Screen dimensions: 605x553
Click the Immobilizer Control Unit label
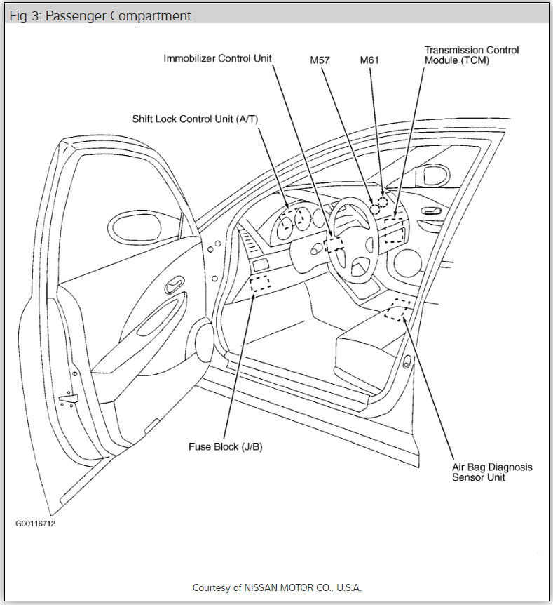(x=218, y=58)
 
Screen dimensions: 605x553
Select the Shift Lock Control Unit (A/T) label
(x=195, y=119)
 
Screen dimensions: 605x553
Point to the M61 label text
(x=369, y=60)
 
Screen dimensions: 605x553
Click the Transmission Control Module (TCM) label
(x=471, y=55)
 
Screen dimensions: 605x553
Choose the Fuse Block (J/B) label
(x=225, y=446)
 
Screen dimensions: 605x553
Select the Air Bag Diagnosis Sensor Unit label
(x=491, y=472)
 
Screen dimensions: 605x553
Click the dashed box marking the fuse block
(x=260, y=284)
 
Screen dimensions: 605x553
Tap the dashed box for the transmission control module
(x=394, y=230)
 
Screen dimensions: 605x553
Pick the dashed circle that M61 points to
(x=383, y=202)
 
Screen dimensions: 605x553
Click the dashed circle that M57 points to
(x=375, y=209)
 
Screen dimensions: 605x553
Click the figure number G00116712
(x=35, y=524)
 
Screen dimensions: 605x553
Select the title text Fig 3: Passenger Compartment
(x=100, y=16)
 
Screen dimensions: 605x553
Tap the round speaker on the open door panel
(x=203, y=340)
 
